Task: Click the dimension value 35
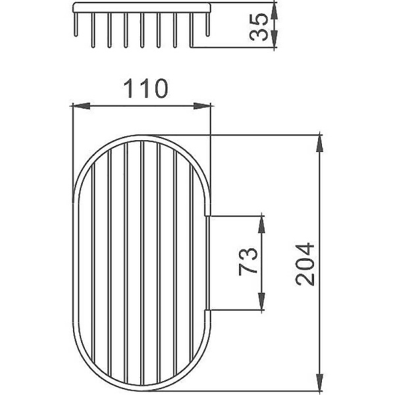(261, 26)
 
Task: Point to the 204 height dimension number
(305, 264)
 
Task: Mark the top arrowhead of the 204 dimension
(321, 140)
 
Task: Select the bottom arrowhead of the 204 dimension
(321, 384)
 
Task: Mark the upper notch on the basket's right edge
(207, 214)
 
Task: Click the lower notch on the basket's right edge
(207, 309)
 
